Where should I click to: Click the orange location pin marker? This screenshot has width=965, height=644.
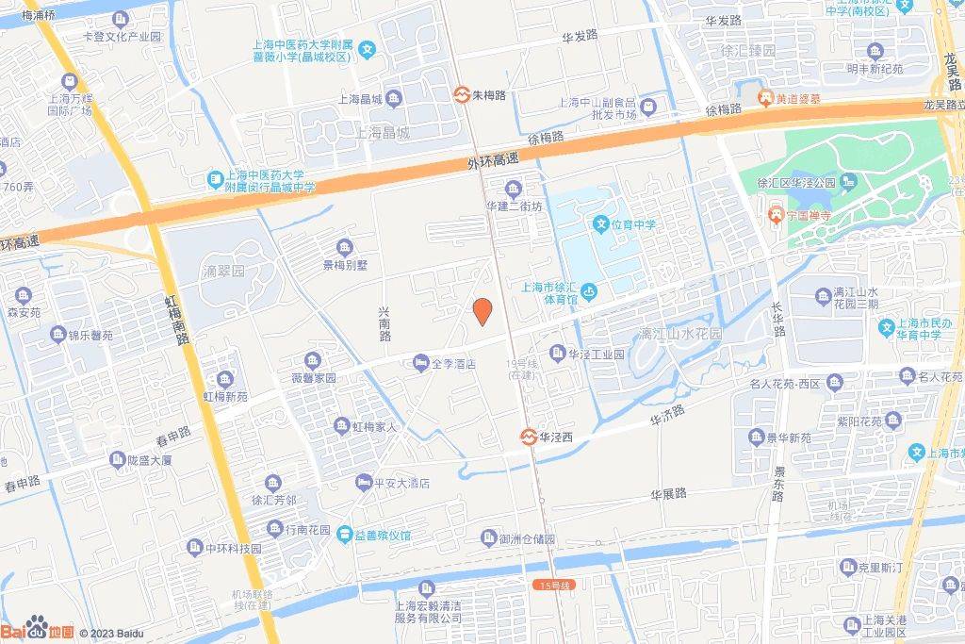[482, 311]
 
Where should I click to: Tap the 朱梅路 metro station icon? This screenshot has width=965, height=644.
[461, 94]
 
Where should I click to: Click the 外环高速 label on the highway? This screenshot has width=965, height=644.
[493, 161]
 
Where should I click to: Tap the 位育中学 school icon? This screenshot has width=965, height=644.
[600, 224]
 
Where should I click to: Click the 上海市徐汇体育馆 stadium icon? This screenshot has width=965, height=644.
[588, 290]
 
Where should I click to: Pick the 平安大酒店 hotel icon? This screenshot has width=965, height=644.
[363, 483]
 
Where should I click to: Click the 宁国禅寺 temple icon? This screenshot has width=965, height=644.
[775, 214]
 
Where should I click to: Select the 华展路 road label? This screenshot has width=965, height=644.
[668, 492]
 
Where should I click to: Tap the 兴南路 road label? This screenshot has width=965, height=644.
[384, 322]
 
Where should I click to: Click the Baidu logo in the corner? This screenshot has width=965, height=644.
[37, 630]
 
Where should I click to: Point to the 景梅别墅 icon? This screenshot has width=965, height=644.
[345, 248]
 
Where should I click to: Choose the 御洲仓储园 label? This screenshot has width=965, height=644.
[526, 538]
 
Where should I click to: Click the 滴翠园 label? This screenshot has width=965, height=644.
[223, 271]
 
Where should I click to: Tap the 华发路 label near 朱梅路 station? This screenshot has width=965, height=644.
[580, 36]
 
